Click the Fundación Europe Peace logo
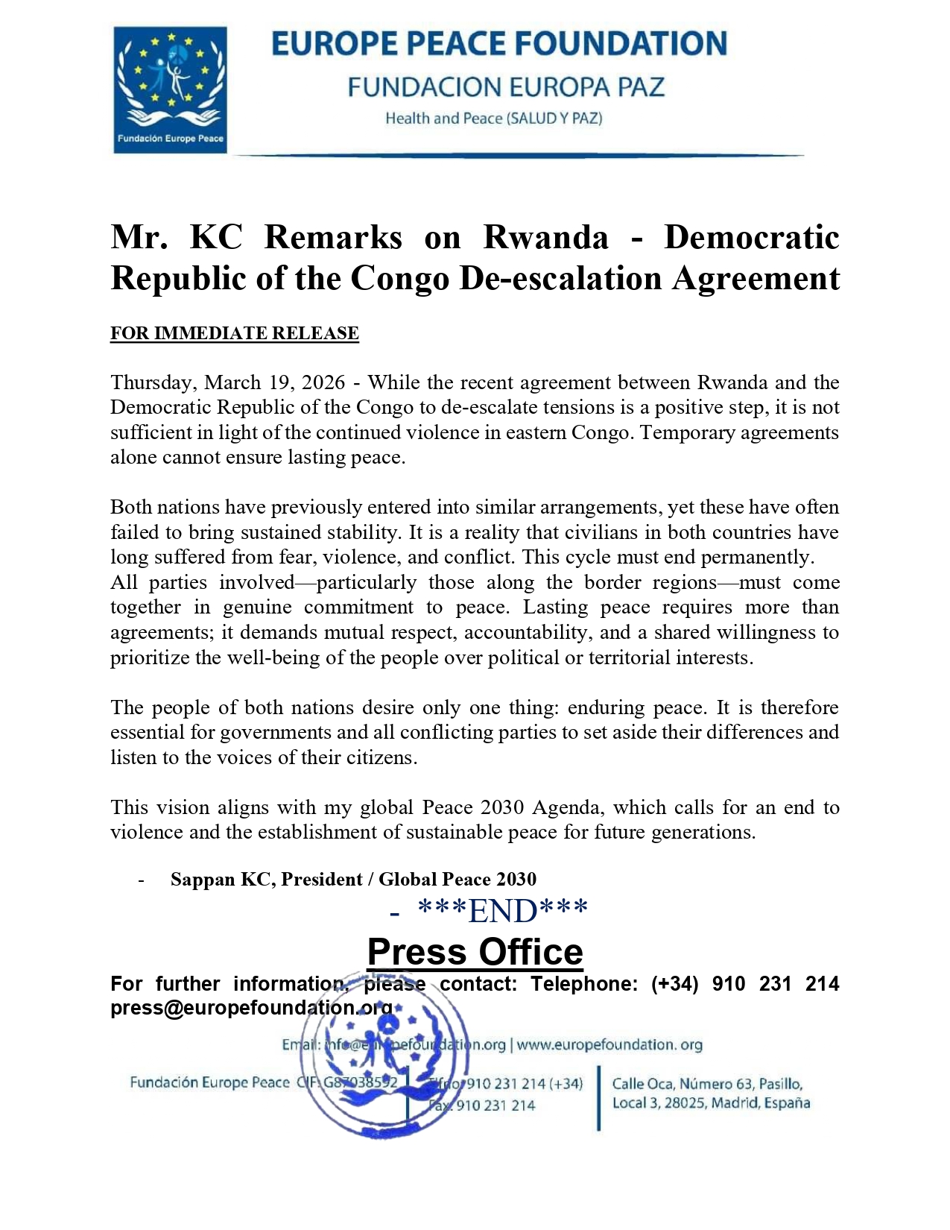pos(170,89)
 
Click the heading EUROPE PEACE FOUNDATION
pos(498,44)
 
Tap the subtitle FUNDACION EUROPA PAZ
pos(505,87)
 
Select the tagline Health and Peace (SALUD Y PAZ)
pos(493,119)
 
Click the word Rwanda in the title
pos(545,237)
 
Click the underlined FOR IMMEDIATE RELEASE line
pos(234,333)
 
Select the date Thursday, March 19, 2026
pos(227,382)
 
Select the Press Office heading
pos(475,952)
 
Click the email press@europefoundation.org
pos(251,1008)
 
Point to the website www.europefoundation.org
pos(609,1044)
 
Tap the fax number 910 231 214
pos(495,1105)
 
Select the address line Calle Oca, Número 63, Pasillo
pos(707,1084)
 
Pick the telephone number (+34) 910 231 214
pos(745,984)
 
